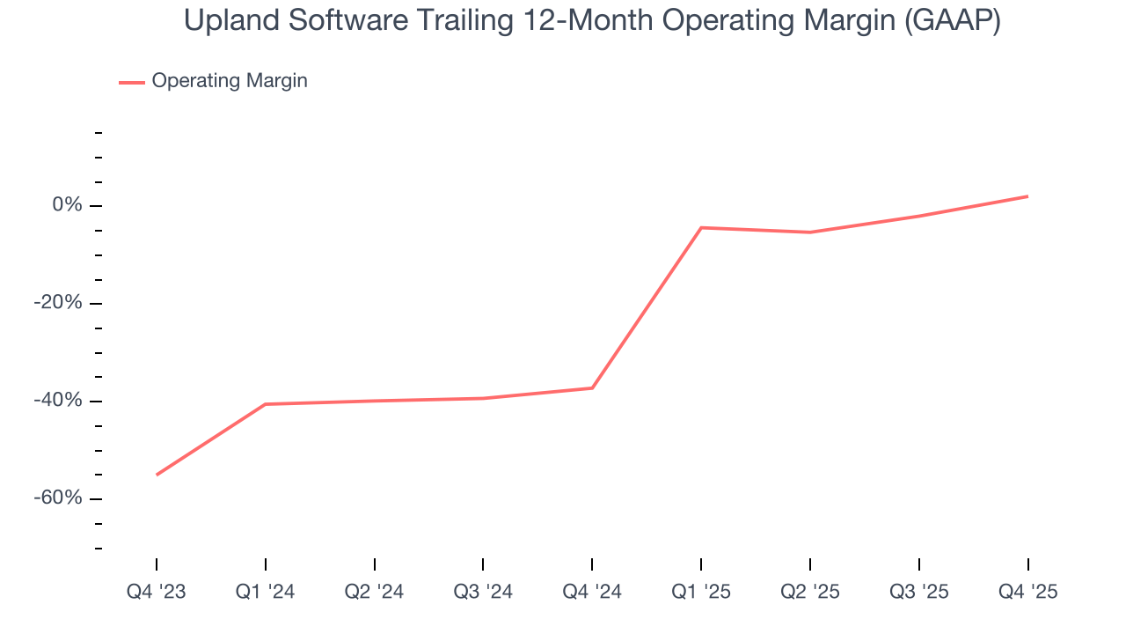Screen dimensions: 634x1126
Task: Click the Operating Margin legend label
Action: point(230,81)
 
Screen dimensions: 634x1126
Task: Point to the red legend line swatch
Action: point(132,82)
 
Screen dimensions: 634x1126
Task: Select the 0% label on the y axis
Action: point(67,205)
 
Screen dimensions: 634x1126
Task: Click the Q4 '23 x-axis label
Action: point(157,592)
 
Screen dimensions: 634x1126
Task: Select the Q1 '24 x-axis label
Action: point(265,592)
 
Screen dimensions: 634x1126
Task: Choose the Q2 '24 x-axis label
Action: point(374,592)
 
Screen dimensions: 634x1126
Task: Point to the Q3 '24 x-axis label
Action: point(483,592)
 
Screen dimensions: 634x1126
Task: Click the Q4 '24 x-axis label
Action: point(592,592)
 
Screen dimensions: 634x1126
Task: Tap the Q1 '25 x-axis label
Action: point(701,592)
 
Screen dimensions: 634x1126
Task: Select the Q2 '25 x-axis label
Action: point(810,592)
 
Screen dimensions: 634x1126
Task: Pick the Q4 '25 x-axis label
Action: point(1027,592)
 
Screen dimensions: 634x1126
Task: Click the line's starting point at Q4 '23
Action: point(157,475)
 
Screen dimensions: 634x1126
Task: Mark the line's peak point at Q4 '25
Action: point(1027,196)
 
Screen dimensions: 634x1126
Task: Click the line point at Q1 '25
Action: point(701,227)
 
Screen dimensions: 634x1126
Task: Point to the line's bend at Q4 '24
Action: point(592,388)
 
